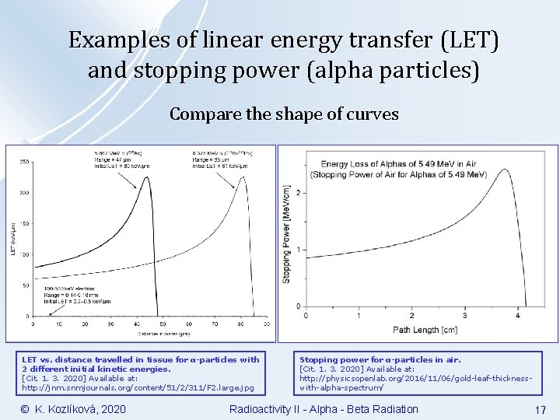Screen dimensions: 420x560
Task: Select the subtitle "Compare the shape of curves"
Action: (284, 114)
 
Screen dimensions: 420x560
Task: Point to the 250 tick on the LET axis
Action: (24, 161)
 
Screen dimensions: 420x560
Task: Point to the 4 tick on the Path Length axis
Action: (519, 315)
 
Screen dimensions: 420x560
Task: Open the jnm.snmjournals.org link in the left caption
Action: (138, 387)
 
